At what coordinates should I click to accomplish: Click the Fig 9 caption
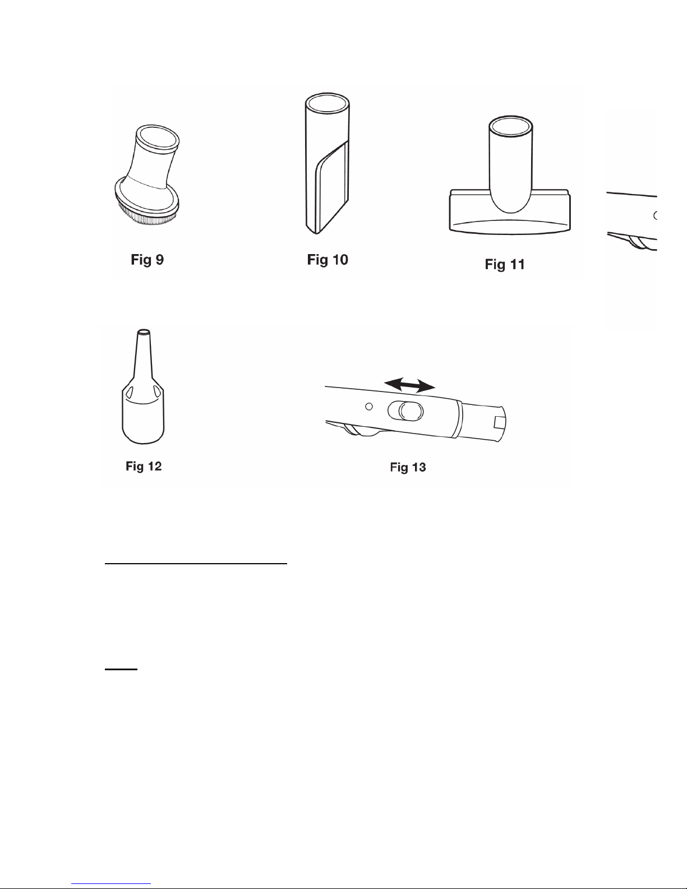pyautogui.click(x=147, y=259)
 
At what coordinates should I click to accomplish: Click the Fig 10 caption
pyautogui.click(x=328, y=259)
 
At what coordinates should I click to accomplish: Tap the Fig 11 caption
pyautogui.click(x=505, y=264)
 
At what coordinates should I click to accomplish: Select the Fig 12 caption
pyautogui.click(x=144, y=466)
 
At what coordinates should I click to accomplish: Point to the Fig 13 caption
pyautogui.click(x=408, y=467)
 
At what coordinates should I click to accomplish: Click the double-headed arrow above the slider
pyautogui.click(x=410, y=385)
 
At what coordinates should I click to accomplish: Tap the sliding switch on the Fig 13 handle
pyautogui.click(x=405, y=411)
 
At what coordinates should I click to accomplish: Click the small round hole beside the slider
pyautogui.click(x=369, y=406)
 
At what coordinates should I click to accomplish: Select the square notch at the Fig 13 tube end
pyautogui.click(x=500, y=421)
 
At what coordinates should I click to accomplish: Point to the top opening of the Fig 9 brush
pyautogui.click(x=158, y=139)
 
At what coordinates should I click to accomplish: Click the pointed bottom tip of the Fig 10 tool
pyautogui.click(x=316, y=233)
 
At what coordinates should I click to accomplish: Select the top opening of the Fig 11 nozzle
pyautogui.click(x=511, y=127)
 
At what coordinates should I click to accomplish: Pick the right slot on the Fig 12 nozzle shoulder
pyautogui.click(x=157, y=391)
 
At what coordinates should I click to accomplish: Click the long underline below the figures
pyautogui.click(x=196, y=563)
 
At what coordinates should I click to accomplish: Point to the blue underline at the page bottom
pyautogui.click(x=111, y=883)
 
